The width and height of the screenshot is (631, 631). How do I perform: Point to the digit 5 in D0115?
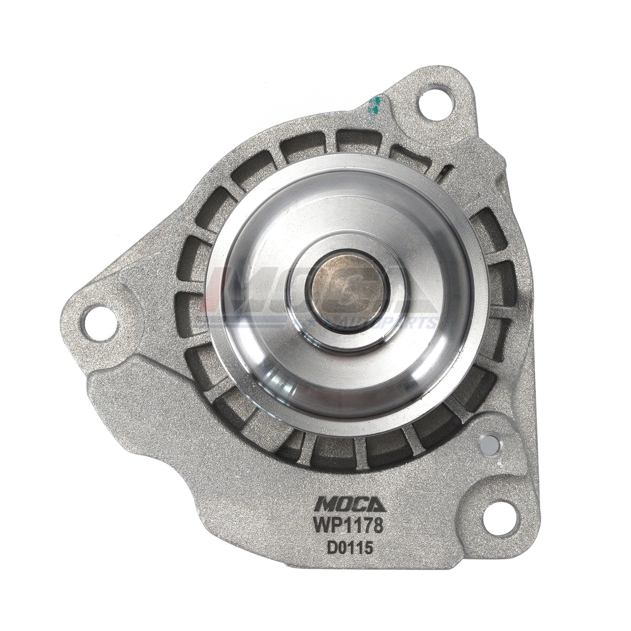pos(368,548)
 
